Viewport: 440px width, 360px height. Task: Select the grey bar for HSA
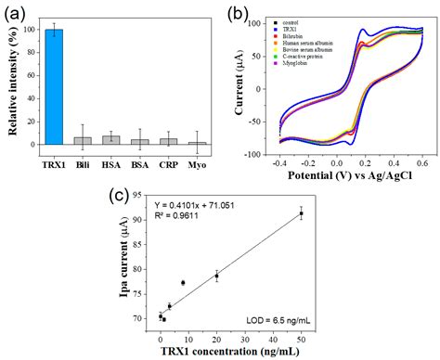click(x=111, y=140)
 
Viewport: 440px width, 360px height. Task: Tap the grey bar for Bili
click(x=84, y=141)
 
